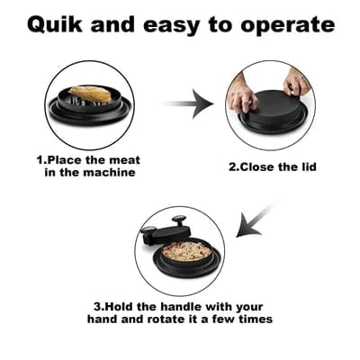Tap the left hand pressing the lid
(x=238, y=88)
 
